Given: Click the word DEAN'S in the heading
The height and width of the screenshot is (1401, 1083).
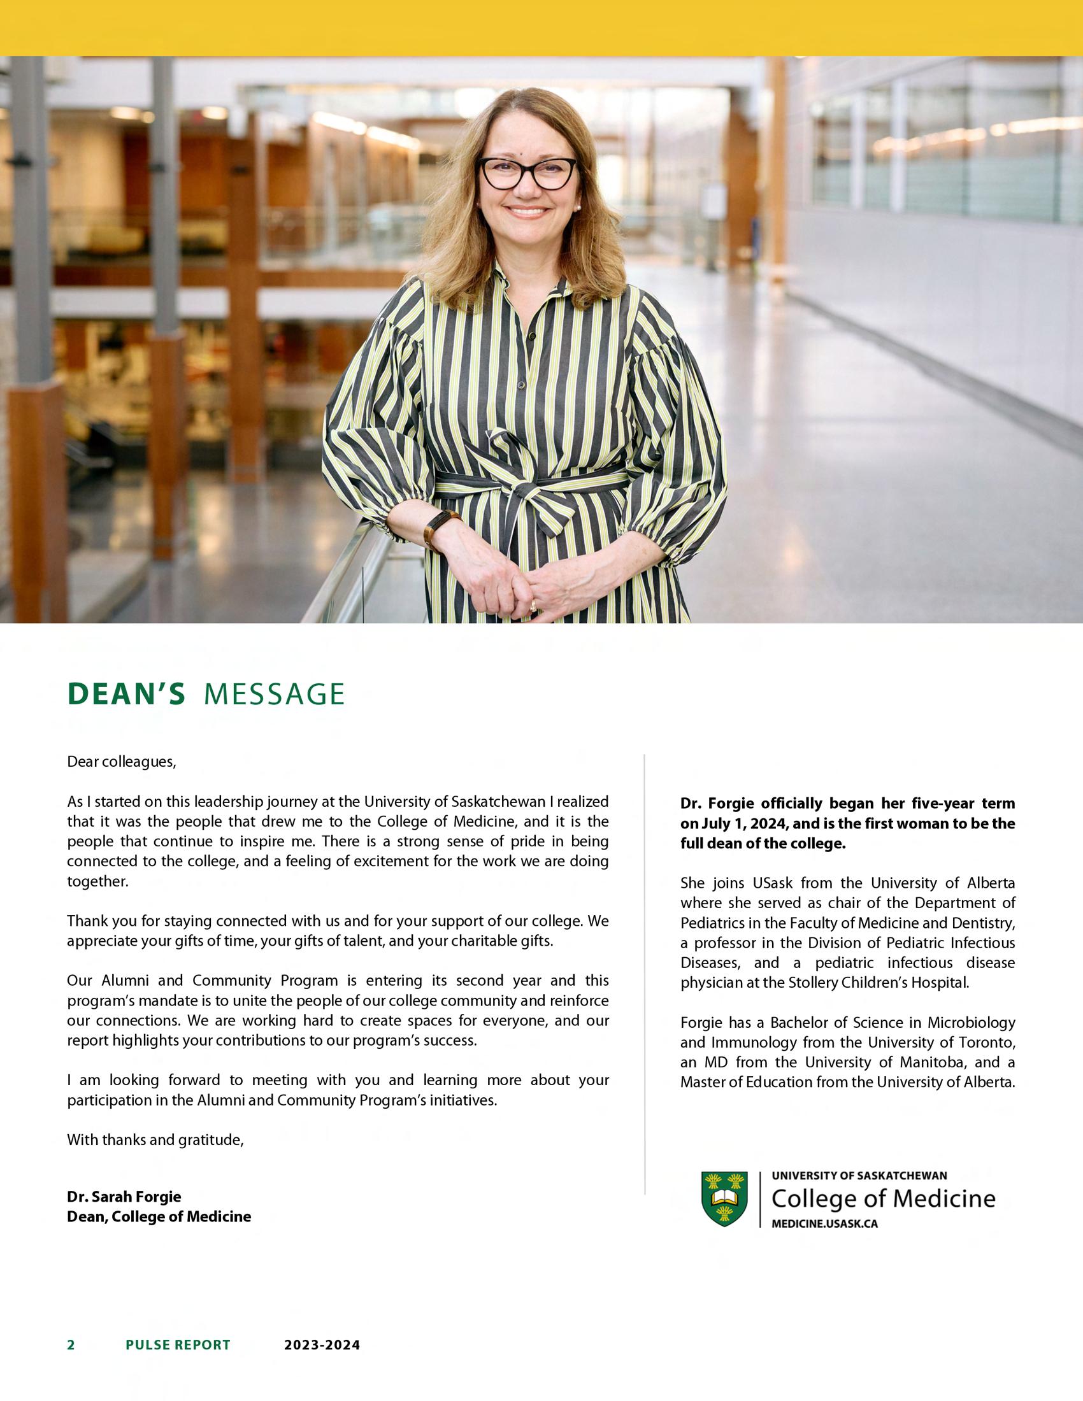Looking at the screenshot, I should tap(126, 695).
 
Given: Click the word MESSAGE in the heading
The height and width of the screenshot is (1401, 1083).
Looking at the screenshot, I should tap(274, 695).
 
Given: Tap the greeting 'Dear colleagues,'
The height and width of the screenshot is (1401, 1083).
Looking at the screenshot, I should tap(121, 762).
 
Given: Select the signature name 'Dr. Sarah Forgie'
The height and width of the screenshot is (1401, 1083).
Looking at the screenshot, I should tap(124, 1197).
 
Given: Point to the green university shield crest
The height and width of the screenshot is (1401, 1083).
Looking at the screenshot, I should tap(724, 1198).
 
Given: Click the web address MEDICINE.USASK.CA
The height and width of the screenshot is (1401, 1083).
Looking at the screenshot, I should tap(824, 1223).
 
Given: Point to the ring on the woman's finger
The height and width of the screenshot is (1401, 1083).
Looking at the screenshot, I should tap(533, 605).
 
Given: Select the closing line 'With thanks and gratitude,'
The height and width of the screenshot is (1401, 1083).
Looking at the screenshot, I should tap(155, 1140).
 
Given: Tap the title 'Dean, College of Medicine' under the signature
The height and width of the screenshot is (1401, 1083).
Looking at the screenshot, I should tap(159, 1216).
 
